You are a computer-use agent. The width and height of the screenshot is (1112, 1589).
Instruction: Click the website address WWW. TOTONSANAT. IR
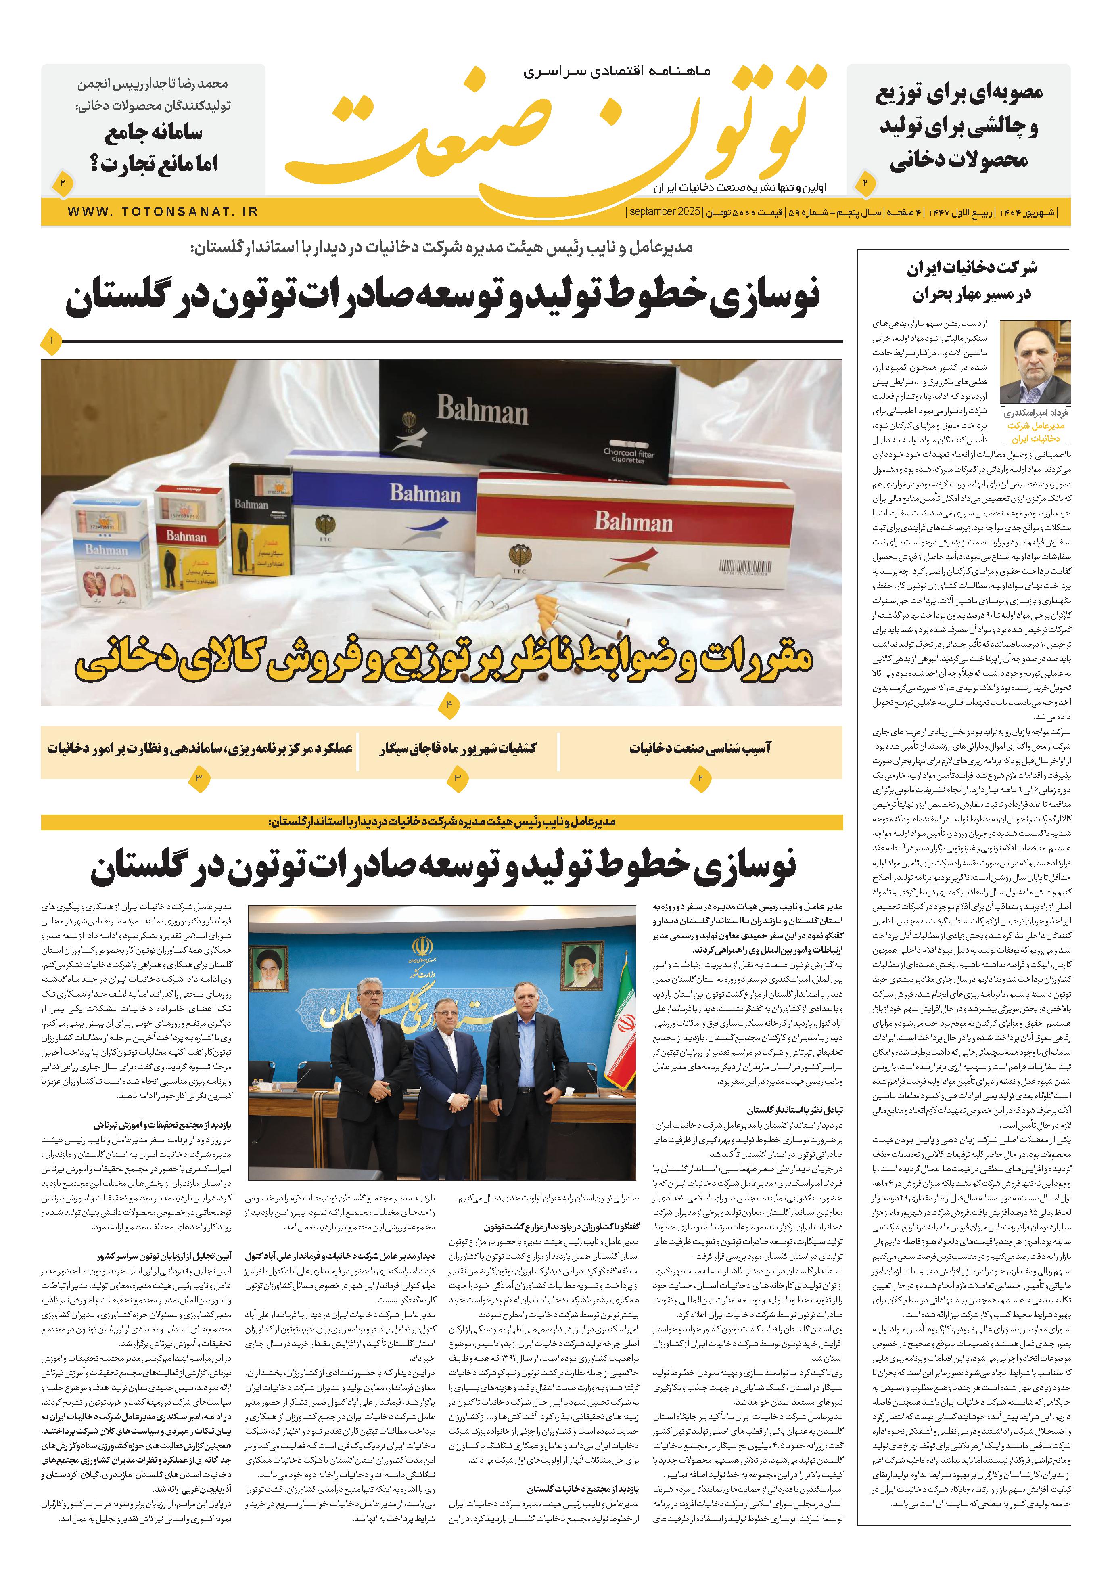(163, 212)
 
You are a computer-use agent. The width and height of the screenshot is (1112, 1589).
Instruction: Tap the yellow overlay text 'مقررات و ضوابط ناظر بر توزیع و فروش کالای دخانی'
(443, 661)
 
